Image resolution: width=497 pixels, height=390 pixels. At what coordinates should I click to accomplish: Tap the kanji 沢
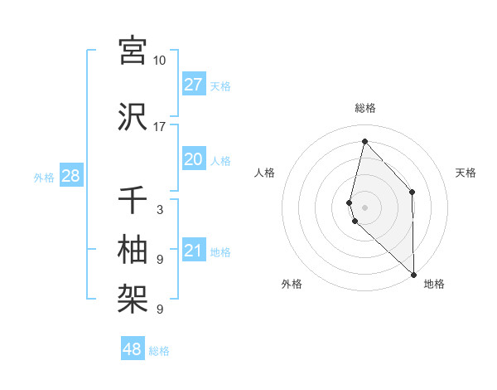(x=133, y=116)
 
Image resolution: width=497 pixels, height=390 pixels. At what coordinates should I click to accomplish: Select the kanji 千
(x=133, y=200)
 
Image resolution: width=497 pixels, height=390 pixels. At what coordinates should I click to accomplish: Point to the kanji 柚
(x=133, y=249)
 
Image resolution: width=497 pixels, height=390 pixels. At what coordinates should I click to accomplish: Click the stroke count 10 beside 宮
(x=160, y=61)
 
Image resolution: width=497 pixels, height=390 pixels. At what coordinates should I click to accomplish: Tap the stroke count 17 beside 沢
(x=160, y=127)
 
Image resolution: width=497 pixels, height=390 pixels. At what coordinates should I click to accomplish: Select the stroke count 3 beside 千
(x=160, y=210)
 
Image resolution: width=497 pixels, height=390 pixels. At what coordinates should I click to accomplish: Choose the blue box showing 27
(x=194, y=85)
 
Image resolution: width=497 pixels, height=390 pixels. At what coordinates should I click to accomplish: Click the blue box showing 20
(x=194, y=159)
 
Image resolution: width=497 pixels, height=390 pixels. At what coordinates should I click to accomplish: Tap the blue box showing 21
(x=194, y=251)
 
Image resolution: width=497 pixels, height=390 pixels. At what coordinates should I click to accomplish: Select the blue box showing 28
(x=70, y=176)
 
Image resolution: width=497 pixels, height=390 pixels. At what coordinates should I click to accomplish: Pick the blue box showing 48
(x=133, y=349)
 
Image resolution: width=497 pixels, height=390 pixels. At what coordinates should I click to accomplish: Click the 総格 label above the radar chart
(x=365, y=108)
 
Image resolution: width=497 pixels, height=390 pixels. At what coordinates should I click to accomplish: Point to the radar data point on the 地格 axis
(x=413, y=273)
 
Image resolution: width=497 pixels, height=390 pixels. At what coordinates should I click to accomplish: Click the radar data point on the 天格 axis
(x=413, y=192)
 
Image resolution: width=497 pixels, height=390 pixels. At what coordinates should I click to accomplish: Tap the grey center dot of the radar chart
(x=365, y=207)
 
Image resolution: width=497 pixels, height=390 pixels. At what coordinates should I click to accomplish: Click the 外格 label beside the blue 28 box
(x=44, y=177)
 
